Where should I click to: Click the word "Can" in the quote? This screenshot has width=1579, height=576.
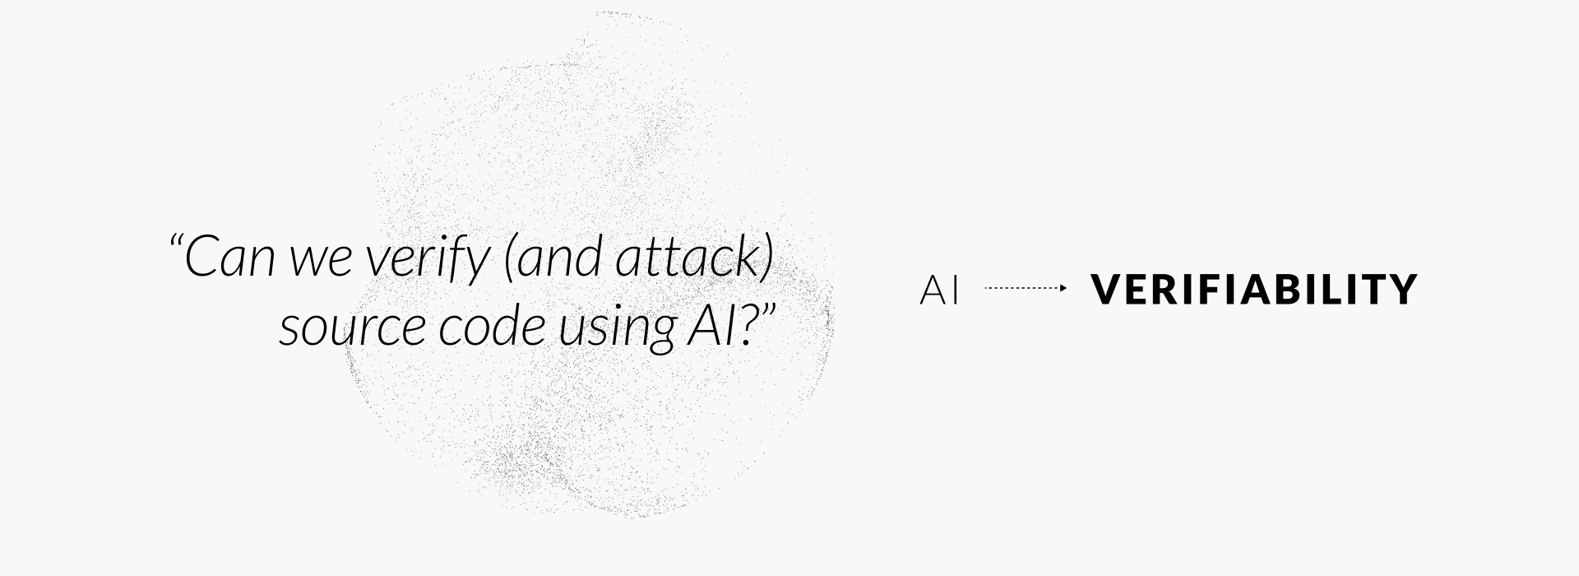[x=229, y=258]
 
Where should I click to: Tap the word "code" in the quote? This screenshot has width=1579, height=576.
[x=491, y=327]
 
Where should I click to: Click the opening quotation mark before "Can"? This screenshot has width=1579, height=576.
[x=175, y=242]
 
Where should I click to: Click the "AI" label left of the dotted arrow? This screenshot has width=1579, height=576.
[x=939, y=290]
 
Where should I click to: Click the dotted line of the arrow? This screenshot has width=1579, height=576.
[x=1020, y=288]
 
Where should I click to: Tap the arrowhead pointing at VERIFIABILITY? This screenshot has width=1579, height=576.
[x=1063, y=288]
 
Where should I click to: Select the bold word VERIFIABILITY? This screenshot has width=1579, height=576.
[x=1254, y=290]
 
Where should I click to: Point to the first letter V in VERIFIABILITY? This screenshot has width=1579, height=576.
[x=1107, y=290]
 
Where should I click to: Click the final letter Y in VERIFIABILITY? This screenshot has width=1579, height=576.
[x=1403, y=290]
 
